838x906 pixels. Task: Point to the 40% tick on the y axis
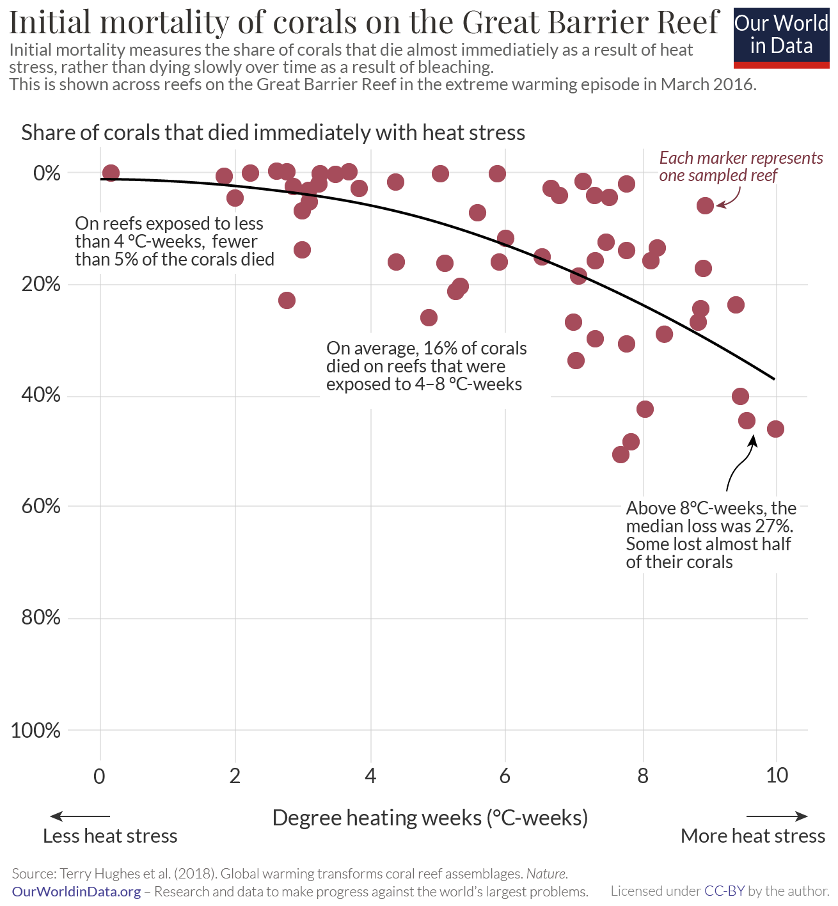[x=41, y=395]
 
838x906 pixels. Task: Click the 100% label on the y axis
[x=36, y=730]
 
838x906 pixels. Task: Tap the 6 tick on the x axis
[x=505, y=775]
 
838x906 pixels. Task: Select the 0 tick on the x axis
[x=99, y=775]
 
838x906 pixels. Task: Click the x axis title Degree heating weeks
[x=430, y=818]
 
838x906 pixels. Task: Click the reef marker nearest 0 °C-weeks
[x=111, y=173]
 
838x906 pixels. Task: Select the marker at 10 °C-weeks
[x=775, y=429]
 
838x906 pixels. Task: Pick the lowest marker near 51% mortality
[x=621, y=454]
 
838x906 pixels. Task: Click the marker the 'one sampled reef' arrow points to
[x=705, y=205]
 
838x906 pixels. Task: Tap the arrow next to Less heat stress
[x=80, y=816]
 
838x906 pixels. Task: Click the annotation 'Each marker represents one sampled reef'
[x=741, y=166]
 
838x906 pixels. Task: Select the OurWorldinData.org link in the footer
[x=76, y=891]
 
